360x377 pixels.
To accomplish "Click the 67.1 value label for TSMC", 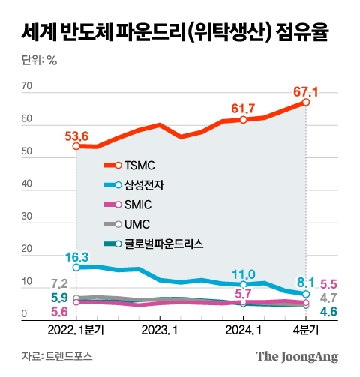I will (305, 92).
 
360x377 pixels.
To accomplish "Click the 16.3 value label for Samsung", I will (77, 256).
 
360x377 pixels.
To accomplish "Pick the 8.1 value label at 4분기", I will (306, 283).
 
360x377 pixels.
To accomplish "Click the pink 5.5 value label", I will (331, 285).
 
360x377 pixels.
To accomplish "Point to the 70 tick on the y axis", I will (27, 87).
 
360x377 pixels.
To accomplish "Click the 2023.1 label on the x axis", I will (160, 328).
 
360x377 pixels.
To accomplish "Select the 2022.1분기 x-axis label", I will (77, 328).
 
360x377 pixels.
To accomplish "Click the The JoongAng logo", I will (298, 356).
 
